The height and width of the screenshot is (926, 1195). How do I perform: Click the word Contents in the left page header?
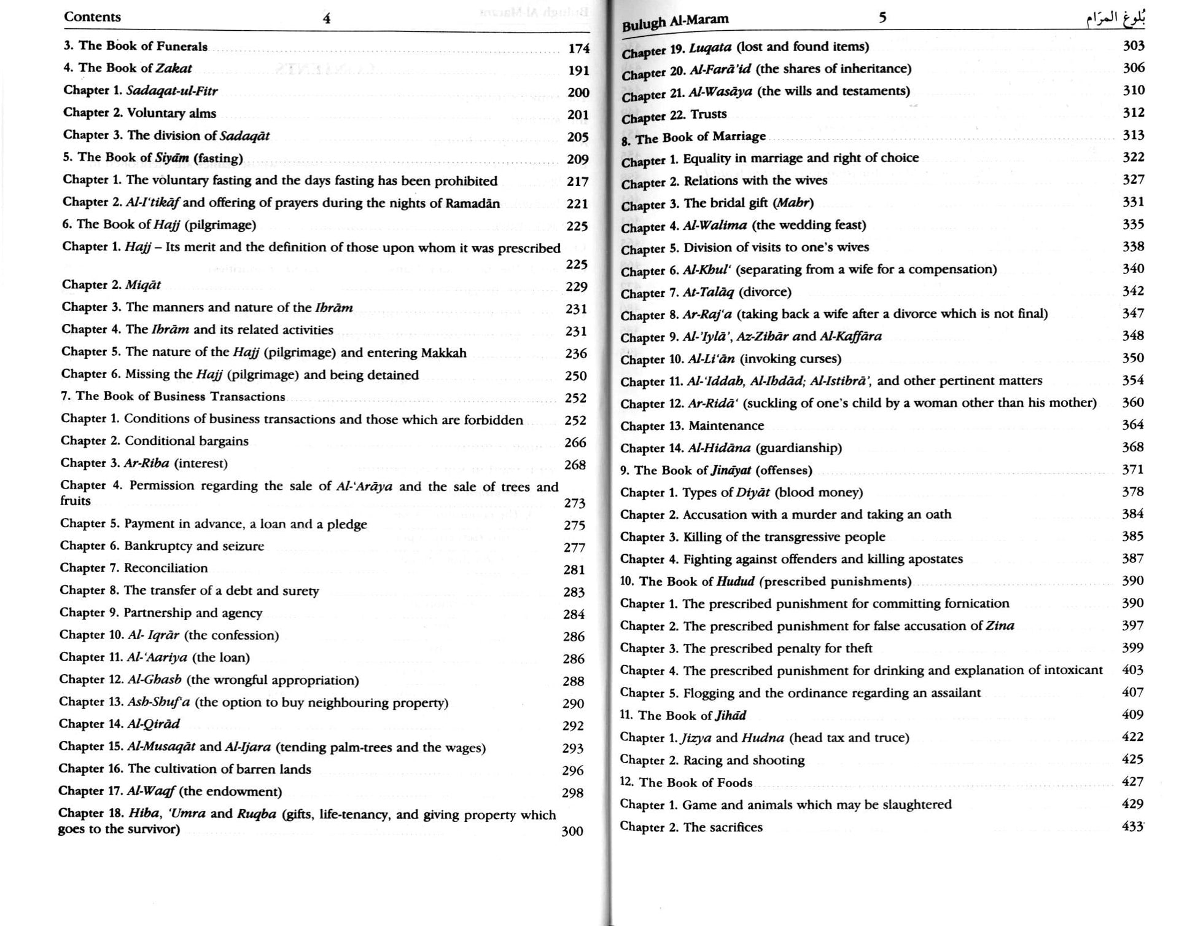point(92,17)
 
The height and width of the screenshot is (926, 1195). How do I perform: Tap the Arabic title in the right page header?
point(1114,19)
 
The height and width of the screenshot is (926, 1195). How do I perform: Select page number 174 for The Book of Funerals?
point(578,49)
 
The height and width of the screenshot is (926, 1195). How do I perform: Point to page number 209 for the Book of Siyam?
point(578,159)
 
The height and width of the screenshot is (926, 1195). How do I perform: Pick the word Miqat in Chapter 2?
point(143,284)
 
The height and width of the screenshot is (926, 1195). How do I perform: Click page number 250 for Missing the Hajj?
point(576,375)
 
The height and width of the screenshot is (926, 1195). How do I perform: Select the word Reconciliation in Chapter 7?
point(166,568)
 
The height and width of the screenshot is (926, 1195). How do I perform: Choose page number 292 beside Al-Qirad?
point(573,726)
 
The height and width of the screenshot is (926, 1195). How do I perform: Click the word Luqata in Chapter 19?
point(710,47)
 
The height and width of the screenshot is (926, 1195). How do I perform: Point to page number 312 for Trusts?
point(1134,112)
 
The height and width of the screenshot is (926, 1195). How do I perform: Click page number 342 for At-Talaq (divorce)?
point(1134,291)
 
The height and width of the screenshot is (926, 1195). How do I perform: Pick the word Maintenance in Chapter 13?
point(726,426)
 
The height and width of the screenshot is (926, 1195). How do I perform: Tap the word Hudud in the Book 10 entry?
point(735,581)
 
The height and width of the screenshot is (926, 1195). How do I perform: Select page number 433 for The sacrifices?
point(1132,826)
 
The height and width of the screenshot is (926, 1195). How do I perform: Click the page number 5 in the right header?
point(882,18)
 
